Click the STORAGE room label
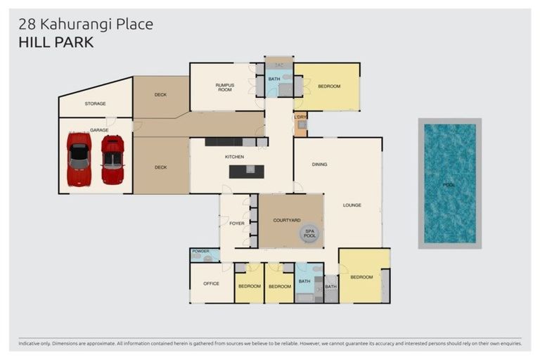coord(95,103)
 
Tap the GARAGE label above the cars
coord(99,130)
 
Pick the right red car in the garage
coord(112,159)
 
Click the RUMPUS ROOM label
coord(224,87)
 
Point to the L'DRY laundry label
coord(300,117)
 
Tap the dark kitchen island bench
coord(245,171)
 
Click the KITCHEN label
coord(234,156)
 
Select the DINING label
coord(320,165)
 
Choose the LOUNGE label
coord(352,205)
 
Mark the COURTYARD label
coord(286,220)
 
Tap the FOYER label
coord(237,224)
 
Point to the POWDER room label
coord(200,251)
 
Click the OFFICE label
coord(211,283)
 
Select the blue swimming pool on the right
coord(449,183)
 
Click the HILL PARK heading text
coord(56,42)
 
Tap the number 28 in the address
coord(26,25)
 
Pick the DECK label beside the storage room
coord(160,94)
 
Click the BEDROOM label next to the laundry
coord(328,86)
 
